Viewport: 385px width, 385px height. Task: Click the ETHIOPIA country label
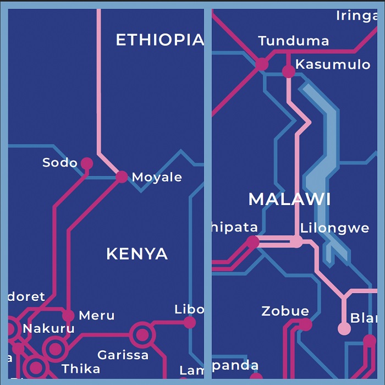(x=159, y=40)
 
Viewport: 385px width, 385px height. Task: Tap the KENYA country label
(x=137, y=254)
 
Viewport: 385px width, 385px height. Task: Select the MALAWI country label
(x=289, y=199)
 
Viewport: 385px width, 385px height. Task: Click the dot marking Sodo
(x=87, y=163)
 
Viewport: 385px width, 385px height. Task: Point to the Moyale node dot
(x=122, y=177)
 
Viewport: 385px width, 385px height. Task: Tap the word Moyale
(x=157, y=177)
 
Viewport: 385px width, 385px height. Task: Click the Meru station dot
(x=68, y=315)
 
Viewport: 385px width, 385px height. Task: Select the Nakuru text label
(x=48, y=329)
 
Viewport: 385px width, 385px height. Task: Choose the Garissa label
(x=123, y=355)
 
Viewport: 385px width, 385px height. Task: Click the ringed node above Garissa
(x=142, y=334)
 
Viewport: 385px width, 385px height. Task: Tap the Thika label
(x=81, y=369)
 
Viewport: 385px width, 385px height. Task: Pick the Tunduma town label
(x=294, y=41)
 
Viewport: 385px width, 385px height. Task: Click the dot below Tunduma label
(x=262, y=64)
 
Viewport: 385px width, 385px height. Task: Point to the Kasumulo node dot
(x=289, y=71)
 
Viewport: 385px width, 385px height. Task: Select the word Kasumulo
(x=333, y=64)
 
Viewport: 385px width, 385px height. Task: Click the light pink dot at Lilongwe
(x=296, y=241)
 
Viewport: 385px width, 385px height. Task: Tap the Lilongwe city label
(x=334, y=228)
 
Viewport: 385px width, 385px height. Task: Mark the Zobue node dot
(x=305, y=324)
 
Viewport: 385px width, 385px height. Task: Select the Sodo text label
(x=60, y=163)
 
